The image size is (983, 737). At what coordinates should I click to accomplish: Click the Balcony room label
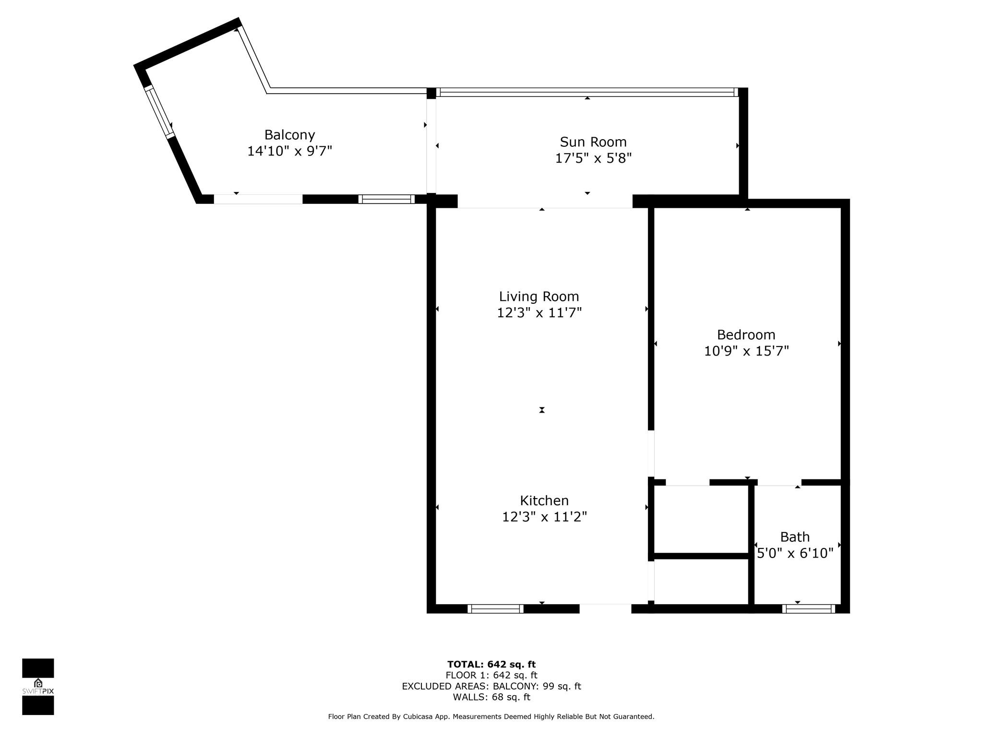tap(289, 135)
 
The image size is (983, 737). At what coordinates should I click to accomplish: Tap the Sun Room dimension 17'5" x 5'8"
tap(593, 158)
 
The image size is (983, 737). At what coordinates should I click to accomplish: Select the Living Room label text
tap(539, 297)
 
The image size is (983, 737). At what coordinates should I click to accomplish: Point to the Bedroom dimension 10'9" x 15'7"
tap(746, 351)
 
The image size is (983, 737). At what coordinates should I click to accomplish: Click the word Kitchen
tap(544, 500)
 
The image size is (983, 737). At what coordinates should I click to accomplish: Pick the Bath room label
tap(795, 537)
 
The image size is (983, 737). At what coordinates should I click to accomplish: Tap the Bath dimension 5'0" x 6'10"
tap(795, 553)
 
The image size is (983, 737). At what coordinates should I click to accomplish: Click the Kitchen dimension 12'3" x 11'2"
tap(544, 517)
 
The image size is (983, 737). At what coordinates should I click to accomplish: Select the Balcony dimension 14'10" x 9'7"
tap(289, 151)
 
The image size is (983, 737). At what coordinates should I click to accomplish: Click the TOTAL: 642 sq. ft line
tap(491, 665)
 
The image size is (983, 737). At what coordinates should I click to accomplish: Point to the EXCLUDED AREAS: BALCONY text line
tap(491, 686)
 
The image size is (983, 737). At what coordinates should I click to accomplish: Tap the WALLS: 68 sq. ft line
tap(491, 697)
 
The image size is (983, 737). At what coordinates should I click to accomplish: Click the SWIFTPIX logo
tap(38, 687)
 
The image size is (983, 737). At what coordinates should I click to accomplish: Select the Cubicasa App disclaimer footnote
tap(491, 717)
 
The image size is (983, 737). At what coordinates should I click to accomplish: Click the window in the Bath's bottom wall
tap(808, 609)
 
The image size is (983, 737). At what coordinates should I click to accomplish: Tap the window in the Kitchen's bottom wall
tap(495, 609)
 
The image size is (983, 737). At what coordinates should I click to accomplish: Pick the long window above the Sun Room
tap(587, 92)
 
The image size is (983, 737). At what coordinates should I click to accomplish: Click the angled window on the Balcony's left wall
tap(160, 112)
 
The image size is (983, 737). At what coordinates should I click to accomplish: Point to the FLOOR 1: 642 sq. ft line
tap(491, 676)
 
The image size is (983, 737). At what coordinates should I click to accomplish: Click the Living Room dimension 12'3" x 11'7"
tap(539, 313)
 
